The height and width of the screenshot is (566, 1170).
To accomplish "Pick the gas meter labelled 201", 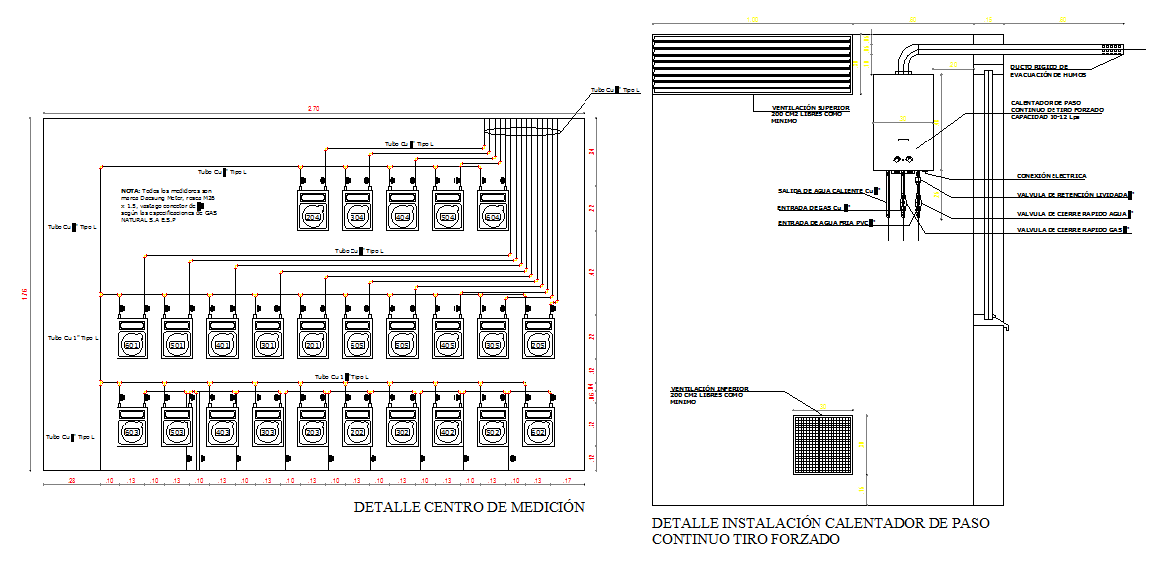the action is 313,345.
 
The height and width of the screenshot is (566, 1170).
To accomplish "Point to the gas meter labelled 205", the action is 538,345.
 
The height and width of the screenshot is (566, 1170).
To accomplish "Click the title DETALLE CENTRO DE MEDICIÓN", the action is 469,507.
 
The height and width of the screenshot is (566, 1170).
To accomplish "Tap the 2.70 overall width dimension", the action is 313,108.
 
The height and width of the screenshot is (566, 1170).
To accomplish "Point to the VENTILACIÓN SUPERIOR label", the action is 810,114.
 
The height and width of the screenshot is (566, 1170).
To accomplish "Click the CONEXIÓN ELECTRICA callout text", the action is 1051,176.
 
